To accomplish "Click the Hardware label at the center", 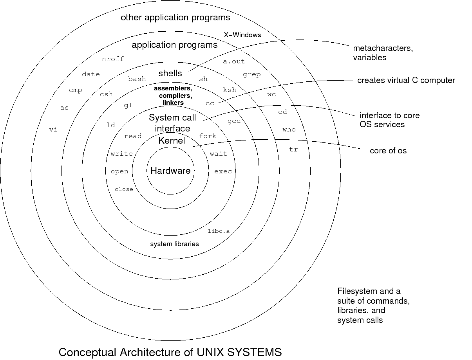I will click(x=170, y=171).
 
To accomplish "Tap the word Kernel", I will click(x=172, y=140).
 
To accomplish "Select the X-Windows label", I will click(x=242, y=35).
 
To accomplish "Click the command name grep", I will click(x=251, y=75).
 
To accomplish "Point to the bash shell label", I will click(x=137, y=79).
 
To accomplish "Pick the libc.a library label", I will click(x=219, y=231).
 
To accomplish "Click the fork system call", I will click(x=208, y=136).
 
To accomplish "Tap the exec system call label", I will click(x=223, y=171).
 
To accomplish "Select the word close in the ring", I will click(x=124, y=189).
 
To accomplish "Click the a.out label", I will click(x=233, y=61).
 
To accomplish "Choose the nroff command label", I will click(x=113, y=59).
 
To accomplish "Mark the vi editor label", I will click(x=53, y=130).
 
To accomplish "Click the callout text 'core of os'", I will click(x=388, y=151).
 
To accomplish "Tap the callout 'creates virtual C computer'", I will click(x=406, y=80).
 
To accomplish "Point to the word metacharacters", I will click(x=383, y=49).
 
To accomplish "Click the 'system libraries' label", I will click(x=174, y=244).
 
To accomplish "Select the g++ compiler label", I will click(x=130, y=106).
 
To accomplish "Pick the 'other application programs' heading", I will click(x=175, y=17).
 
